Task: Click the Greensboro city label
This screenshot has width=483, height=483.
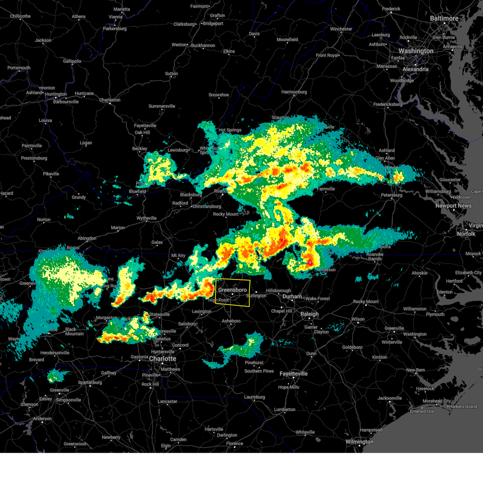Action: [232, 290]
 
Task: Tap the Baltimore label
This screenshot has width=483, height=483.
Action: [444, 19]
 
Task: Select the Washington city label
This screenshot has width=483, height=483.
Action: [416, 51]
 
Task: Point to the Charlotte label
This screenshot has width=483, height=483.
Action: [163, 359]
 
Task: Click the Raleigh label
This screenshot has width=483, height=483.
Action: [310, 314]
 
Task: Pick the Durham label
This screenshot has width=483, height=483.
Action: [292, 297]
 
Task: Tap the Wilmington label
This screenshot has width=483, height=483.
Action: [359, 442]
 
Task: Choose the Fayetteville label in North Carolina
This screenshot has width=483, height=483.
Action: [293, 374]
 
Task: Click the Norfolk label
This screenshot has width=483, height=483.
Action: [466, 234]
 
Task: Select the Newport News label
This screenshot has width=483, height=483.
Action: [453, 206]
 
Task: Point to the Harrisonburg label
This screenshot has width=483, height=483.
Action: [294, 92]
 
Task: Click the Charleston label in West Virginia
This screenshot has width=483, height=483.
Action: [109, 100]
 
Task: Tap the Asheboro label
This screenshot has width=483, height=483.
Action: [231, 321]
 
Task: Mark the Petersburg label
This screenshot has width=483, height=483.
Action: [391, 195]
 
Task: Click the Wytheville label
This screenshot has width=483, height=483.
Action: [147, 218]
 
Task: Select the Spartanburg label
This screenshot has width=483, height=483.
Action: [90, 382]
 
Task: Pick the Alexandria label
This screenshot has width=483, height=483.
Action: [415, 69]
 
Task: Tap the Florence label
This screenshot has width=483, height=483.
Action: [234, 444]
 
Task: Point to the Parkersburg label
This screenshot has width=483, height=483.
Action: [115, 29]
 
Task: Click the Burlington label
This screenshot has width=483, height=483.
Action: [256, 295]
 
